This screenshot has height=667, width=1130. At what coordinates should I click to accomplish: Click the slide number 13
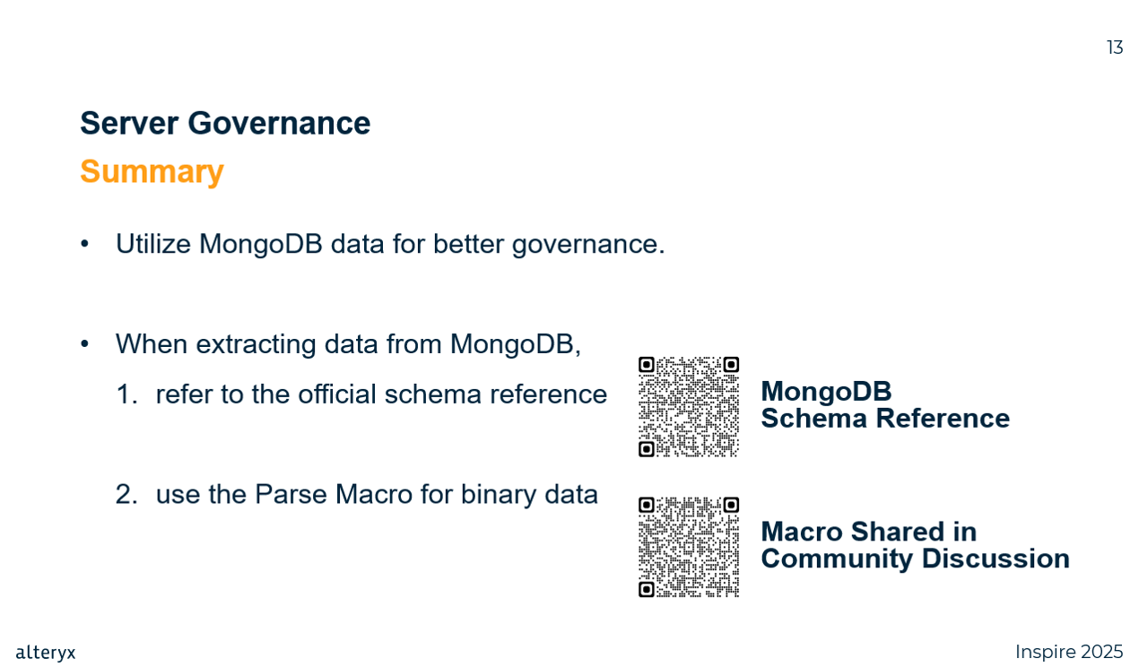pos(1115,48)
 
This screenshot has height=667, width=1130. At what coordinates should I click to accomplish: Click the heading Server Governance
pos(225,123)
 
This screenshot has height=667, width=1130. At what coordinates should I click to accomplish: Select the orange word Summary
pos(152,172)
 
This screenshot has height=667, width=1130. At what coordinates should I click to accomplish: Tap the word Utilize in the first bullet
pos(153,244)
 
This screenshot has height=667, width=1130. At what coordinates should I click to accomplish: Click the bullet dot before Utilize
pos(84,244)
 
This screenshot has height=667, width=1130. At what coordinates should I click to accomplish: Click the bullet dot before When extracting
pos(84,344)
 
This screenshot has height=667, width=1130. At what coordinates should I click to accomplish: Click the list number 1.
pos(126,394)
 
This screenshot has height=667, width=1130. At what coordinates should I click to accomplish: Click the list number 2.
pos(126,494)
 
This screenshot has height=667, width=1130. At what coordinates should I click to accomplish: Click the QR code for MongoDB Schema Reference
pos(689,407)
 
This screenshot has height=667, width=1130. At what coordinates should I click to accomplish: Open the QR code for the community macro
pos(689,547)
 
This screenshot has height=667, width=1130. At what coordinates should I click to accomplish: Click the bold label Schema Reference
pos(885,419)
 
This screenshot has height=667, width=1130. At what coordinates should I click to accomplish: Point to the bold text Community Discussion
pos(915,559)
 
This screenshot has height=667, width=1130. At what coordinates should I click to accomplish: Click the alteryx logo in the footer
pos(46,653)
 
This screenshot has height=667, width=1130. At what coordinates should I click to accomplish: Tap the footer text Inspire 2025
pos(1069,653)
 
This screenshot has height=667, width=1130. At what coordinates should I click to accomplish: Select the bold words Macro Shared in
pos(869,532)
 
